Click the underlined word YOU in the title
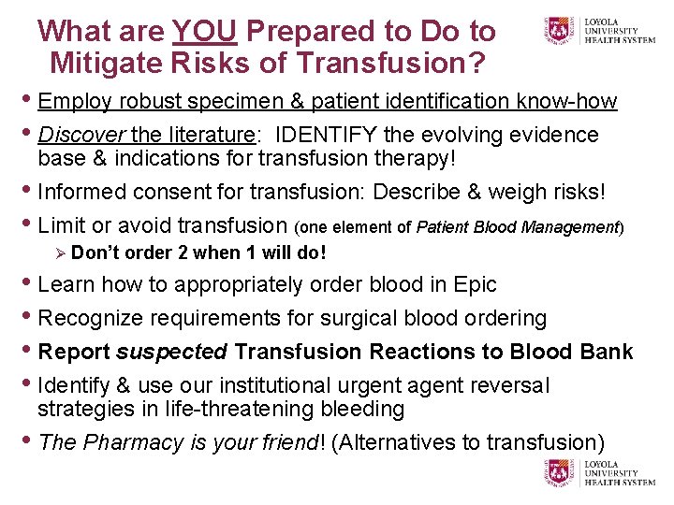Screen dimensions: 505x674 206,31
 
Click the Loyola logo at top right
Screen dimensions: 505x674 599,31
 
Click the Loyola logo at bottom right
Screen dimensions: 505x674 599,473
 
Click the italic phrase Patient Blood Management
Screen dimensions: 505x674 517,226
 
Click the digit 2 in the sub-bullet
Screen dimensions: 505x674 164,252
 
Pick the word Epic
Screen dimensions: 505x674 473,284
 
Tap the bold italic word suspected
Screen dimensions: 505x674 171,352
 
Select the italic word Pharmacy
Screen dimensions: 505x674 132,442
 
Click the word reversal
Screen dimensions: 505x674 511,385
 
